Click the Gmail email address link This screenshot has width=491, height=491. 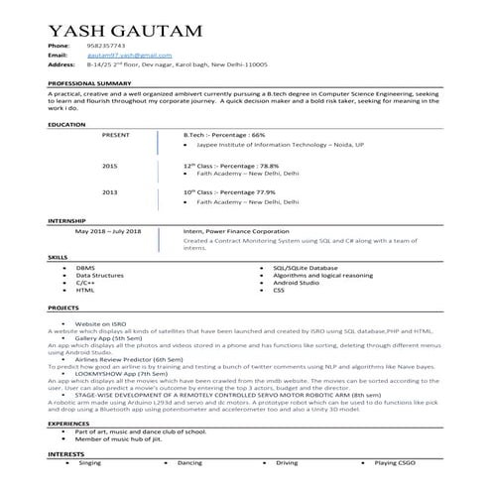123,57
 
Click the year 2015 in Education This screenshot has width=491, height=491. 109,166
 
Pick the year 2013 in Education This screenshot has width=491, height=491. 109,191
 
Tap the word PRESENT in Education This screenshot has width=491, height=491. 116,133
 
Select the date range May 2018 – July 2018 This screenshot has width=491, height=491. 108,230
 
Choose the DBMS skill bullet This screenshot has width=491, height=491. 86,268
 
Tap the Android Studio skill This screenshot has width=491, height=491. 296,283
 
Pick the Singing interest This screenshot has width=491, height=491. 90,463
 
